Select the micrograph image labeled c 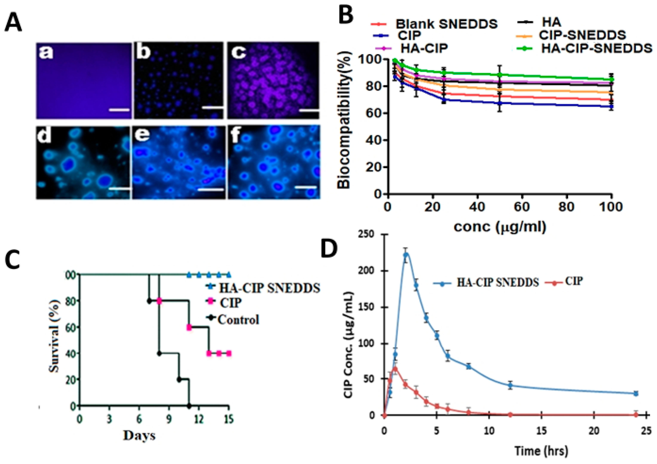(273, 80)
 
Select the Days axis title (139, 435)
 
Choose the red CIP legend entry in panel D (568, 282)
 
